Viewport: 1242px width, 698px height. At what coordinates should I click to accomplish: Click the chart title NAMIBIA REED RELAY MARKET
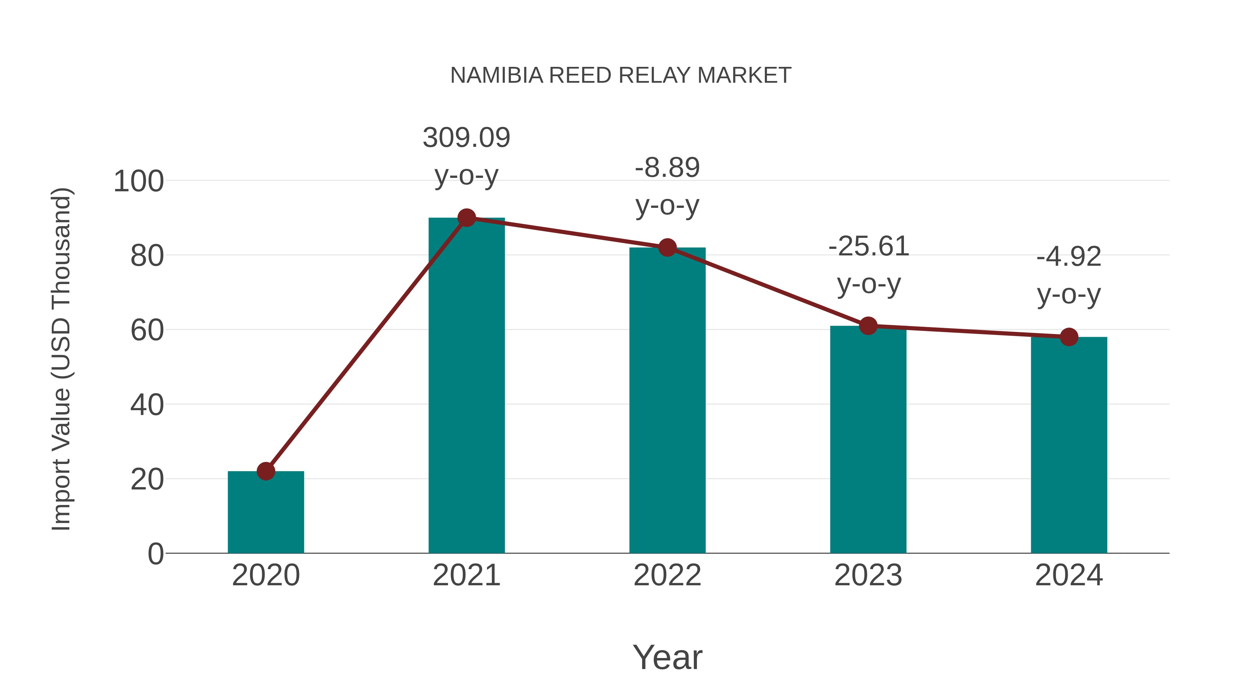coord(621,75)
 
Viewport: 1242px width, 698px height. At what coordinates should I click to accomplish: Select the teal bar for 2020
coord(266,515)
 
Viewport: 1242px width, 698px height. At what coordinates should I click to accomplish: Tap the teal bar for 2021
coord(466,385)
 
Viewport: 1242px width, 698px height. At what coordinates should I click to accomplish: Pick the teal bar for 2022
coord(667,400)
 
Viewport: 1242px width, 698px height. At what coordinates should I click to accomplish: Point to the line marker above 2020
coord(266,471)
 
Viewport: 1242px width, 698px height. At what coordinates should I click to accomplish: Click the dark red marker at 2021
coord(466,218)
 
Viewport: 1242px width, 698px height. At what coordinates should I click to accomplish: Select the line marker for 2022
coord(667,247)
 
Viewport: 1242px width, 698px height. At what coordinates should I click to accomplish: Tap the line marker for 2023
coord(868,326)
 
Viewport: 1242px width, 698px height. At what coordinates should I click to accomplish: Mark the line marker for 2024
coord(1069,337)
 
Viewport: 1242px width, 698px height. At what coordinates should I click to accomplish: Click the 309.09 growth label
coord(466,138)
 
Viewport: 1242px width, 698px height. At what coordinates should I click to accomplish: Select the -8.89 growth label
coord(667,168)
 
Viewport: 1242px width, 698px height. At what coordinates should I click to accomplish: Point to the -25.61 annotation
coord(868,247)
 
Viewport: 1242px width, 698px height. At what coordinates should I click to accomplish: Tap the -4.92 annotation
coord(1069,257)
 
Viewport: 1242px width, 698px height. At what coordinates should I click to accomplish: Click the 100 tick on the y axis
coord(138,182)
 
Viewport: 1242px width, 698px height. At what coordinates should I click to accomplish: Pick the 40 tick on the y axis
coord(147,405)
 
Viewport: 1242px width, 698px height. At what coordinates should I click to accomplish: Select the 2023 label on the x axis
coord(868,575)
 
